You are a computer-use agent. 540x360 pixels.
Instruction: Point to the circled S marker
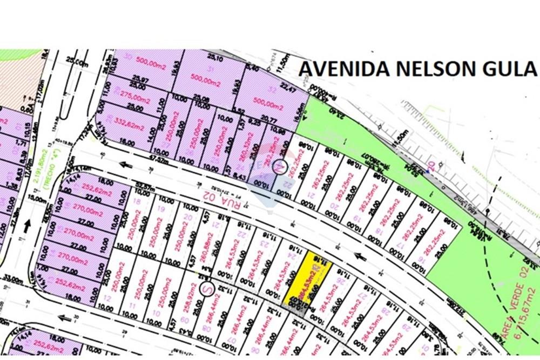click(x=205, y=289)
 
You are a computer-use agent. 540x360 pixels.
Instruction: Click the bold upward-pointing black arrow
click(x=26, y=226)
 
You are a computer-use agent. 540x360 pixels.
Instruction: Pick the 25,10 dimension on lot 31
click(x=215, y=57)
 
